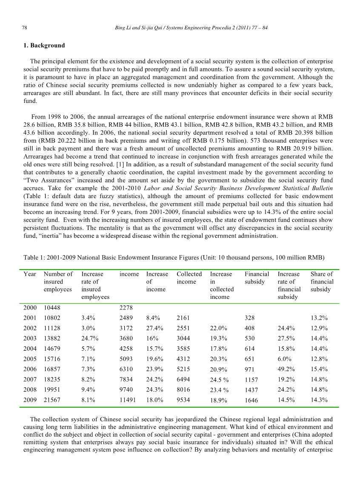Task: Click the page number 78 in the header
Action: (x=25, y=28)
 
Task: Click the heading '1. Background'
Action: (x=44, y=45)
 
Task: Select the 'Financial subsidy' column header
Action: (x=257, y=278)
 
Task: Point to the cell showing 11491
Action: (x=128, y=400)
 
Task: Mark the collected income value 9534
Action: (x=183, y=400)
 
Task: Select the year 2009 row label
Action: (x=30, y=400)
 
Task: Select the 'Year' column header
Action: (x=30, y=274)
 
